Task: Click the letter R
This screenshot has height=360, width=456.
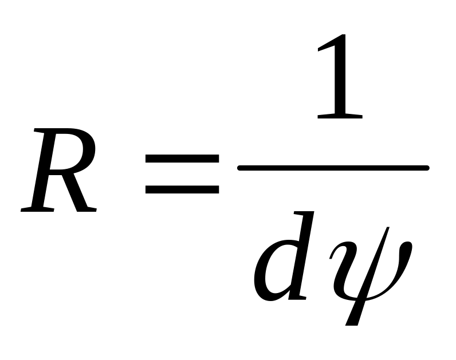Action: (58, 170)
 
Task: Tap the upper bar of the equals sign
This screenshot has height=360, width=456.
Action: (182, 159)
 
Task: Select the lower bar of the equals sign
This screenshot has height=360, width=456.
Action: (182, 189)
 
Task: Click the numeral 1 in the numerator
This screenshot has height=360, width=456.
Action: (340, 77)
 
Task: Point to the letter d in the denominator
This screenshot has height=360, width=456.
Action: (284, 256)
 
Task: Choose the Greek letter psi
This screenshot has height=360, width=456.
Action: (371, 276)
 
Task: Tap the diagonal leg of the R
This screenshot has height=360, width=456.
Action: (77, 192)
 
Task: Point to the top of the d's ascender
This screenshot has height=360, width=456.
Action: (304, 213)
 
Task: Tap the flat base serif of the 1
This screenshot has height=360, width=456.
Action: (340, 116)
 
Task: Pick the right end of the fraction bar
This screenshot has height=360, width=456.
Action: (427, 168)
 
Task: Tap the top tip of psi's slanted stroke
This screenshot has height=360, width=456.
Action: (388, 228)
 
